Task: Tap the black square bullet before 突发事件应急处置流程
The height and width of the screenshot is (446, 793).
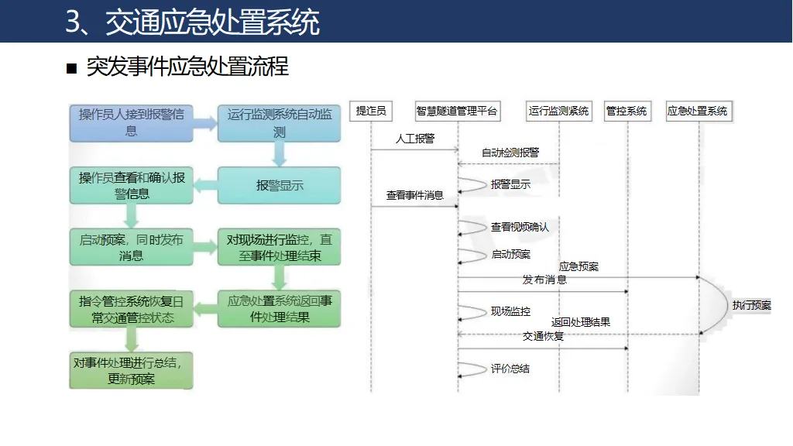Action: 72,69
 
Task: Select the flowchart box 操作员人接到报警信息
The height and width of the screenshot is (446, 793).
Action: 131,123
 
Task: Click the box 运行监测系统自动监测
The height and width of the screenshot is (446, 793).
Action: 280,123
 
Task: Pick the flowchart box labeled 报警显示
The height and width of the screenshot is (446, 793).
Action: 280,186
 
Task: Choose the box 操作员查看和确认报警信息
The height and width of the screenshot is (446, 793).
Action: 131,186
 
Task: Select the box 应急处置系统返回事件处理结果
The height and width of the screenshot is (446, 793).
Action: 280,309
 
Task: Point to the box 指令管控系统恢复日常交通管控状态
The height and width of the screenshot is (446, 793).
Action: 131,309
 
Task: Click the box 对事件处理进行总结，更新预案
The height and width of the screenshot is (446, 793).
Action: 131,371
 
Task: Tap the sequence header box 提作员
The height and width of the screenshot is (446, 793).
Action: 371,111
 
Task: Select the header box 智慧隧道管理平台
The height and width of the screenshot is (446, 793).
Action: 457,111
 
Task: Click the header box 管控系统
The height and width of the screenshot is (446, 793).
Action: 627,111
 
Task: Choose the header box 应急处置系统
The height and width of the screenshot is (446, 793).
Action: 698,111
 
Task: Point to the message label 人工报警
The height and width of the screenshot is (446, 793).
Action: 414,139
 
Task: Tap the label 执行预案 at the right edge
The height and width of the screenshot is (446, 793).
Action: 752,305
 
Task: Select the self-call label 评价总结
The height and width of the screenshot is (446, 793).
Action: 510,369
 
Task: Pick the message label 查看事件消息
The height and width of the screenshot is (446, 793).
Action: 414,196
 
